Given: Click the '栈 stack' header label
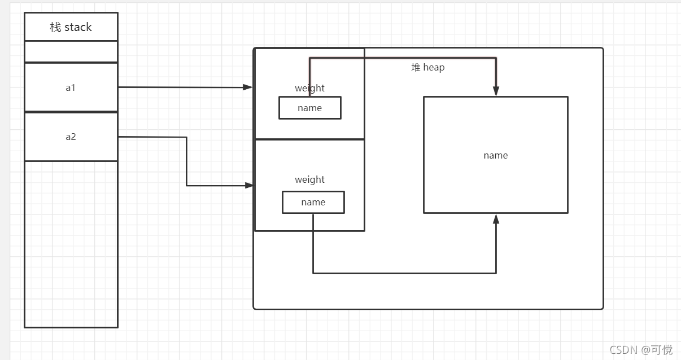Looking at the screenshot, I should (71, 27).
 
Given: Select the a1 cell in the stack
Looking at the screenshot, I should (71, 87).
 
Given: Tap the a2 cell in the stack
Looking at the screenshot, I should (71, 137).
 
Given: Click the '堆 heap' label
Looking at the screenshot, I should (428, 68).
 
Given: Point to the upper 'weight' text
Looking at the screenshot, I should (309, 88).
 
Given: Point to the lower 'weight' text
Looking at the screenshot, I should (309, 179).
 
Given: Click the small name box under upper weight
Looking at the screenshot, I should (309, 108).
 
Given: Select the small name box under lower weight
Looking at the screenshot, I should (313, 202).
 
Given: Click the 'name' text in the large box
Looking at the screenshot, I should (496, 155).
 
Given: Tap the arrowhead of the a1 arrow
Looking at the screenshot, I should (247, 87).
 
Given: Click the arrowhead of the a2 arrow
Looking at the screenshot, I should (248, 185).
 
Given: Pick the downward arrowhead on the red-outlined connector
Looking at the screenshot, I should (496, 91).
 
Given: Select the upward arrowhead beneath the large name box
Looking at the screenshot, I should (496, 219).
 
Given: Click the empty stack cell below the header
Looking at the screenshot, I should (71, 51).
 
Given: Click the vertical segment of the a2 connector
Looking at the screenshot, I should (186, 161).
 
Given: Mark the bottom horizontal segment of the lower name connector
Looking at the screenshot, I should (404, 273).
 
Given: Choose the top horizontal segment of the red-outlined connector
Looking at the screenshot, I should (402, 58).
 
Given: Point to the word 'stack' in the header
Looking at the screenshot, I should (78, 27).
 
